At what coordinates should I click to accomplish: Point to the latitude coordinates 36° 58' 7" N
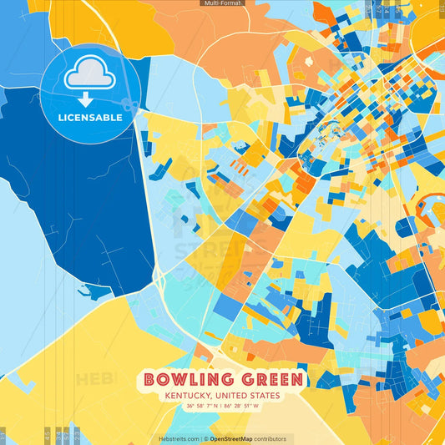(x=205, y=406)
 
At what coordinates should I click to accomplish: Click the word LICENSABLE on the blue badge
(x=89, y=117)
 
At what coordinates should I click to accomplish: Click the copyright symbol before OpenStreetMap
(x=205, y=438)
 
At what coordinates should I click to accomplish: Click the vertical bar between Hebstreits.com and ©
(x=200, y=438)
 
